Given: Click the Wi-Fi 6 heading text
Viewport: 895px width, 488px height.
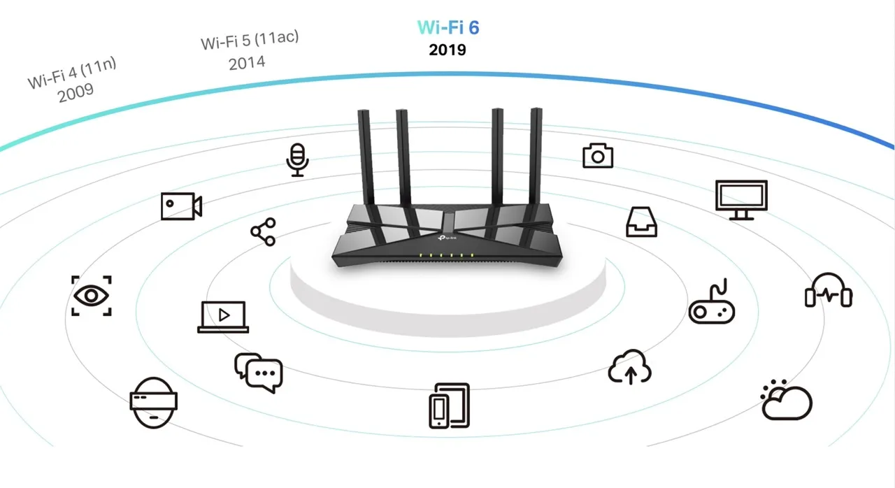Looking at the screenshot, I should (448, 27).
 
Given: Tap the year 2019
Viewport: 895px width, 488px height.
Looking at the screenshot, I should (447, 50).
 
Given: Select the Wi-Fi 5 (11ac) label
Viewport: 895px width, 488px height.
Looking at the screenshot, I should (250, 39).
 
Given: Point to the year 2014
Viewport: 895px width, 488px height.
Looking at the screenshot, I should (247, 62).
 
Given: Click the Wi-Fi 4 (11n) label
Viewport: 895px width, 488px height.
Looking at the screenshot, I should (72, 73).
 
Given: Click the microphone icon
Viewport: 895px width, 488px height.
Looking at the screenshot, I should (298, 160).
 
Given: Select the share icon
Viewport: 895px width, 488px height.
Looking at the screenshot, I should (263, 232).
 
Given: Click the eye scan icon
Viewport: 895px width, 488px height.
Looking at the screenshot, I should (92, 296).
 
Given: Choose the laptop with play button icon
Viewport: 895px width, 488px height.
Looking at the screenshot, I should (223, 317).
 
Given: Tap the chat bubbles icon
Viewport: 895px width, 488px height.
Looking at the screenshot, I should (258, 372).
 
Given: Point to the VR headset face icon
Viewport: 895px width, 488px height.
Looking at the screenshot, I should (153, 402).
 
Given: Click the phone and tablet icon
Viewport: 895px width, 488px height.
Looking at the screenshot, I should (449, 406).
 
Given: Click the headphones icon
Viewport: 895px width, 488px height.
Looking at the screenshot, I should (829, 291).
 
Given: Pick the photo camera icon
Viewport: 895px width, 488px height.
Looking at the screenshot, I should (598, 155).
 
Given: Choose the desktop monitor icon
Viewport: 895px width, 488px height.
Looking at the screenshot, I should (741, 200).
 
